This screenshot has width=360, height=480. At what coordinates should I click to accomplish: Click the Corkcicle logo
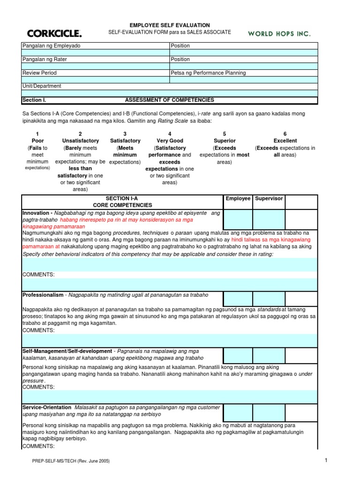click(x=54, y=33)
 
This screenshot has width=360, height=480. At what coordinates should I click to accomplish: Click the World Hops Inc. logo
click(x=279, y=34)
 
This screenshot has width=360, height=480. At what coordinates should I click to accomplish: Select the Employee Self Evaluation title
click(x=170, y=25)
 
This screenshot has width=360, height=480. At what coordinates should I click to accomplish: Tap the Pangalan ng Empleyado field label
click(x=52, y=46)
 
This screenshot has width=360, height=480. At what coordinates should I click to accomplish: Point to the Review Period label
click(x=40, y=73)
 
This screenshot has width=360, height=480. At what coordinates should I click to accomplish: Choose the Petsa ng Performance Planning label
click(x=209, y=73)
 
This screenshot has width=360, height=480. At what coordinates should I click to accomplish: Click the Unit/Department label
click(x=42, y=86)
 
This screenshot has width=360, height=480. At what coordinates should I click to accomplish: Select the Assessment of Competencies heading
click(x=169, y=100)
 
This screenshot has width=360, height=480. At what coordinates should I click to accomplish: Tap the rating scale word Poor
click(x=37, y=141)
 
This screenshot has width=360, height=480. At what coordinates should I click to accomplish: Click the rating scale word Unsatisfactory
click(x=81, y=141)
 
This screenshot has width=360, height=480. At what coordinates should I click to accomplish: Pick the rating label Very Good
click(x=170, y=141)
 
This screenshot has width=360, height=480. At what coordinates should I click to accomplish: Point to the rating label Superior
click(x=225, y=141)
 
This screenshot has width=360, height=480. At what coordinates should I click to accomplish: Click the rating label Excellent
click(x=285, y=141)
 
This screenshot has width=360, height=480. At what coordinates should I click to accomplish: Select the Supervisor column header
click(x=269, y=199)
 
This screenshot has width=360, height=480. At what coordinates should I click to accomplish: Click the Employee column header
click(x=238, y=199)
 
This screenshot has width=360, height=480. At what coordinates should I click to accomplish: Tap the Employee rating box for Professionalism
click(x=238, y=299)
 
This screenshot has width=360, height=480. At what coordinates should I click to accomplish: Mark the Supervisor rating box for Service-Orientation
click(x=269, y=411)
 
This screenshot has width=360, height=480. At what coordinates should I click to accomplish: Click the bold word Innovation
click(x=35, y=213)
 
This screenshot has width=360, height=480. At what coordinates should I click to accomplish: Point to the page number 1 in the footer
click(x=326, y=460)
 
